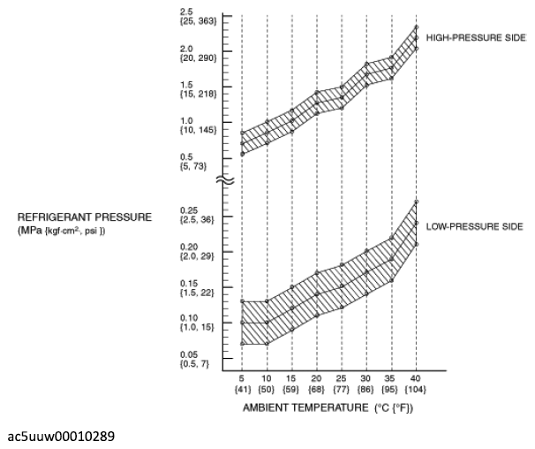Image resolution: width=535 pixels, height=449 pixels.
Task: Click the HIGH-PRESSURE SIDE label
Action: point(476,38)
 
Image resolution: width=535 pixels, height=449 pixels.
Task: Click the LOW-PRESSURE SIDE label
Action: point(475,226)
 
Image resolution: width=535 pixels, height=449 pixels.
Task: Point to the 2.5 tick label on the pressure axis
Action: point(186,12)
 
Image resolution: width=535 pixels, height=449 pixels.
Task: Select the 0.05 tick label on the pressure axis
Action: point(189,354)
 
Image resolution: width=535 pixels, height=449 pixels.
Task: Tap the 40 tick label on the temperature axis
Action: point(415,378)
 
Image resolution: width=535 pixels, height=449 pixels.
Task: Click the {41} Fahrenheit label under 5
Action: point(243,389)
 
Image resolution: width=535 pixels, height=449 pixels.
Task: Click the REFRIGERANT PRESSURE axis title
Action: point(85,217)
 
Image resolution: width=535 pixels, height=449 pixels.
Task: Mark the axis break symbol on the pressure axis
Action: point(225,179)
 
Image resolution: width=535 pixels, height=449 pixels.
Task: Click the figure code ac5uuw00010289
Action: point(61,437)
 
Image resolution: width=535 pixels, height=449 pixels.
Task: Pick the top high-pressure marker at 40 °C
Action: point(417,27)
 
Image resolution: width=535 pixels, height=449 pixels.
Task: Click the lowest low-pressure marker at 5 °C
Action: point(242,344)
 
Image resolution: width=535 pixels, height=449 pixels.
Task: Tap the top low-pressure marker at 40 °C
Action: point(417,202)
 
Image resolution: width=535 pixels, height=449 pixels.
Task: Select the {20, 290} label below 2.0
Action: point(199,57)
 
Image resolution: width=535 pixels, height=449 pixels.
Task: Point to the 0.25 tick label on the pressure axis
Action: point(189,210)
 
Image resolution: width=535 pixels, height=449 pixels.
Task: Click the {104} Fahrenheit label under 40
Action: point(415,389)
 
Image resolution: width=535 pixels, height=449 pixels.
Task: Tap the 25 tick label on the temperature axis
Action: point(341,378)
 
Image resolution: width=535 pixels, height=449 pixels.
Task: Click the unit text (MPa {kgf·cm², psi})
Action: point(62,231)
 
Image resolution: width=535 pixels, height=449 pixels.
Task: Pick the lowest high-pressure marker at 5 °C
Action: point(242,154)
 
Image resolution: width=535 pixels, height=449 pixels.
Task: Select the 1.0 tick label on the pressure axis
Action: point(186,120)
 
